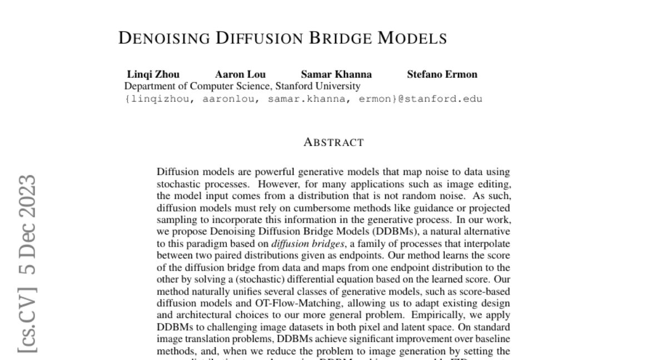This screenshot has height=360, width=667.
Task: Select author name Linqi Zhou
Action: [x=153, y=74]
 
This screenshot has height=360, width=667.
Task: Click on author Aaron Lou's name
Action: [x=240, y=74]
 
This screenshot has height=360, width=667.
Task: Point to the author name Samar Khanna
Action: [x=336, y=74]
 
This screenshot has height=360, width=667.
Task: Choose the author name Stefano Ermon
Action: [x=442, y=74]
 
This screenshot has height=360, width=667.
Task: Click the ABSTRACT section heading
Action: [x=333, y=143]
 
